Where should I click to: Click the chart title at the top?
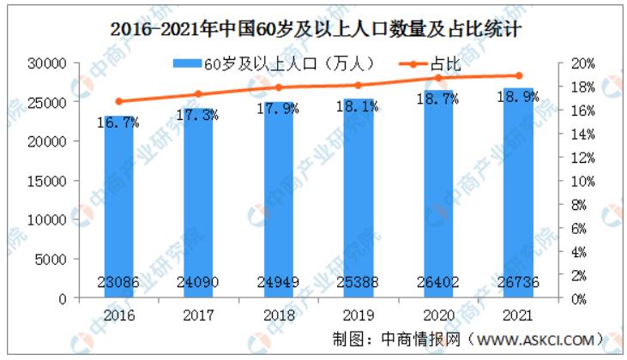click(x=317, y=27)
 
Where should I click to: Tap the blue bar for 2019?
click(x=358, y=197)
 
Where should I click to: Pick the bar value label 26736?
click(x=517, y=279)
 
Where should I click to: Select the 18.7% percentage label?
click(x=437, y=101)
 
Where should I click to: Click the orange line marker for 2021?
click(x=518, y=75)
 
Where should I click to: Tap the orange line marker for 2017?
click(x=199, y=94)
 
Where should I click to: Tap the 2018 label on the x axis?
click(x=279, y=314)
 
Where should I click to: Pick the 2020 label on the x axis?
click(x=437, y=314)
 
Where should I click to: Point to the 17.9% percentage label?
click(x=279, y=110)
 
